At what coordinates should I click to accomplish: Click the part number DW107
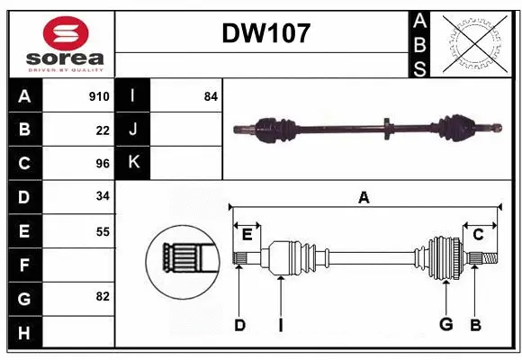point(265,34)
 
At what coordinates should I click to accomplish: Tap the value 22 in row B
point(103,130)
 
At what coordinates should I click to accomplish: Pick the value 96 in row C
point(102,164)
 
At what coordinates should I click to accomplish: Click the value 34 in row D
point(102,197)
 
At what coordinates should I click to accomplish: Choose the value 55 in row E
point(102,231)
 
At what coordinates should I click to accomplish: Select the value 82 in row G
point(102,296)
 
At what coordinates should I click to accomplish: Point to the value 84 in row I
point(211,96)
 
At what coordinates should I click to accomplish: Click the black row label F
point(24,265)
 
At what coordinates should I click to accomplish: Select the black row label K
point(133,163)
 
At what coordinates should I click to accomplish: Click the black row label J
point(133,130)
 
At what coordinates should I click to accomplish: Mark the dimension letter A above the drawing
point(364,197)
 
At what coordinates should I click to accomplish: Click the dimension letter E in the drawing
point(247,234)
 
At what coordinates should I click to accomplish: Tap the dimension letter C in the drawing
point(478,234)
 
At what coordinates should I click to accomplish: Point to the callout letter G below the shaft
point(445,325)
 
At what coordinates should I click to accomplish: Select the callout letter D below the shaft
point(239,325)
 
